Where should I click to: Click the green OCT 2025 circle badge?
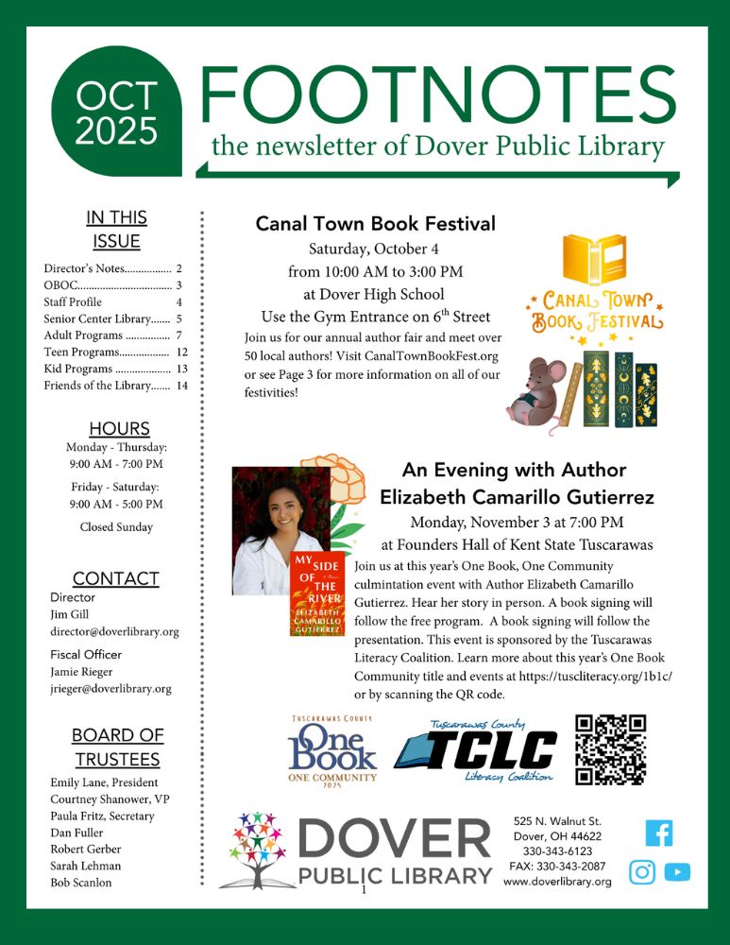point(116,112)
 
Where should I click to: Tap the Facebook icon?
point(658,833)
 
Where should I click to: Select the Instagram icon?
point(642,872)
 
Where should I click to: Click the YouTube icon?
point(677,872)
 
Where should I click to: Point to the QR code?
point(610,750)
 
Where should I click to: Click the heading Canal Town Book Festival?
point(375,224)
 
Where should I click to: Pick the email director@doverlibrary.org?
point(114,631)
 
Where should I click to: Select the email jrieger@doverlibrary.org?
point(110,689)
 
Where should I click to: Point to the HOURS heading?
point(119,428)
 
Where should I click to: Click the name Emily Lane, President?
point(104,782)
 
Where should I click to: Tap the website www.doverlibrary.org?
point(557,881)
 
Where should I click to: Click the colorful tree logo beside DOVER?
point(257,848)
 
